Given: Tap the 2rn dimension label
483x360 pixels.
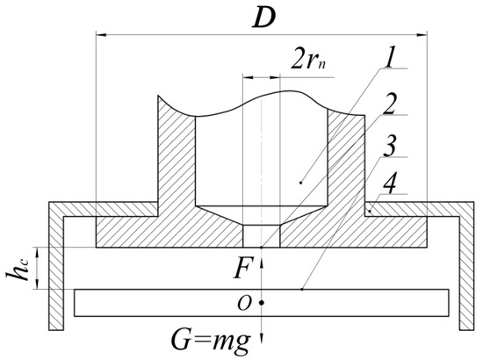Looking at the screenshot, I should [x=308, y=62].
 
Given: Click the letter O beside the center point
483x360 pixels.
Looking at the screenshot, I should [x=247, y=303].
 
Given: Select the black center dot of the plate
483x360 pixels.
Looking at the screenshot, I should [x=262, y=303].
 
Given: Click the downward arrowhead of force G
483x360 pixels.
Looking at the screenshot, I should [x=262, y=345].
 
